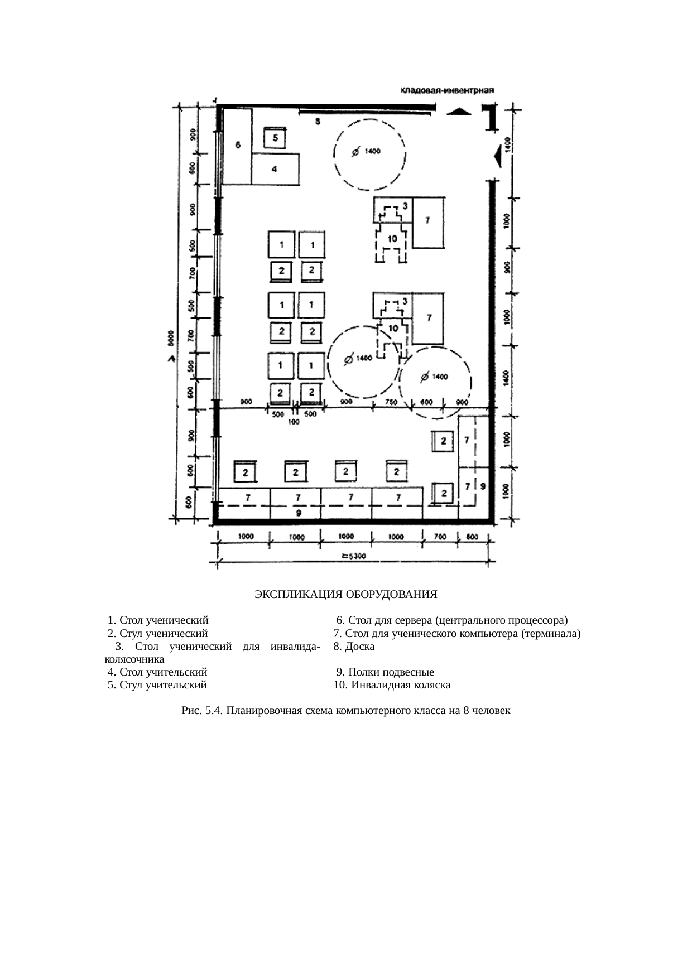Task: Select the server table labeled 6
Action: [x=237, y=146]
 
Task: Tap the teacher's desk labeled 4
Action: [x=275, y=170]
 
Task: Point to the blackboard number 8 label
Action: [x=317, y=121]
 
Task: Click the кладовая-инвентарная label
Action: [x=448, y=90]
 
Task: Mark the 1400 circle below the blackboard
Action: [x=369, y=153]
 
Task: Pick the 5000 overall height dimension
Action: [x=172, y=338]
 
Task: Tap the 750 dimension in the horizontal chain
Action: [x=391, y=402]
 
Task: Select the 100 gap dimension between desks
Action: [x=294, y=422]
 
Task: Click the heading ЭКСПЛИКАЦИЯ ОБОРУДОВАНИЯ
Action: [x=345, y=595]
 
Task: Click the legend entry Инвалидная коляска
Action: [x=392, y=684]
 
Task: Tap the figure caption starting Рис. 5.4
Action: [x=345, y=711]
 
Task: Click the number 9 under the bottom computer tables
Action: [x=299, y=512]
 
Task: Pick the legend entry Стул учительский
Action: [x=157, y=684]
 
